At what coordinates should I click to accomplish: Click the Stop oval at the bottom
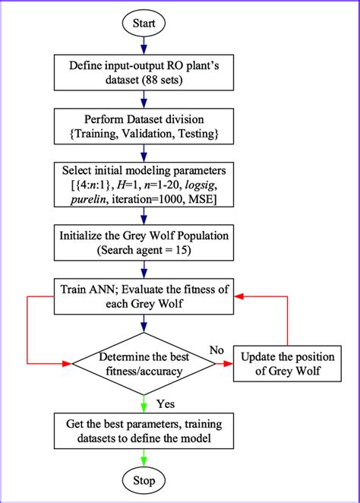[144, 480]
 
